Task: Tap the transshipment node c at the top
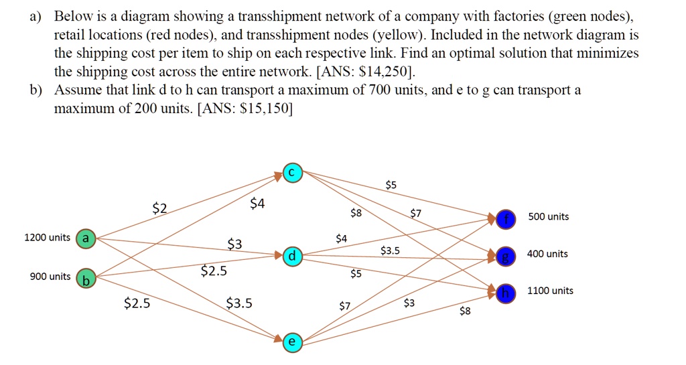292,173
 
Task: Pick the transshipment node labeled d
292,256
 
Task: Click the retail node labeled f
506,218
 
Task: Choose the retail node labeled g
506,254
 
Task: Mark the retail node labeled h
506,291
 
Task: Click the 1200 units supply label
47,238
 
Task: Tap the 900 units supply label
50,277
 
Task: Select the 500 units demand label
548,216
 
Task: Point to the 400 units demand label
547,254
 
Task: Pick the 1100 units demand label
551,291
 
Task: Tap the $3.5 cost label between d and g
390,250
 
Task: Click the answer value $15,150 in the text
265,108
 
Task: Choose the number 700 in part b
380,90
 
